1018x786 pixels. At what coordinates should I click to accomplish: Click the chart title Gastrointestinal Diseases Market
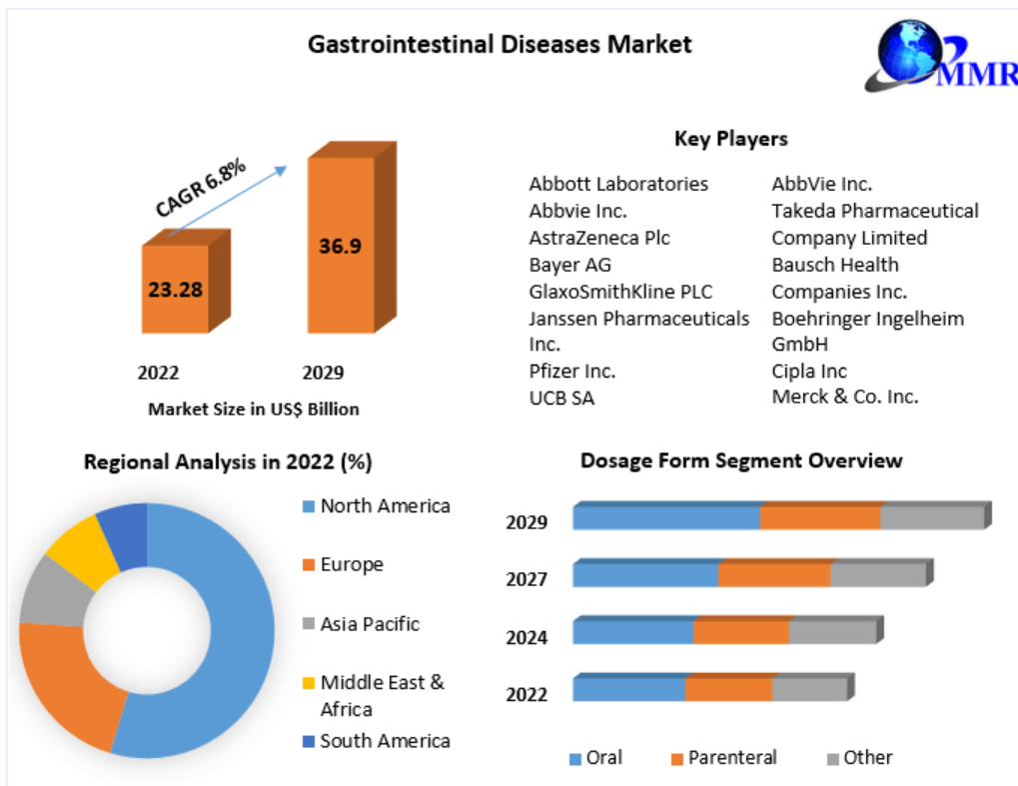click(x=500, y=44)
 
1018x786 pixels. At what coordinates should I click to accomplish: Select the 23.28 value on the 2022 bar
click(x=176, y=290)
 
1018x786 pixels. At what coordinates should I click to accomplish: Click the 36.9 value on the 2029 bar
click(x=340, y=246)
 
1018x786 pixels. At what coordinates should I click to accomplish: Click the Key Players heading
click(x=730, y=139)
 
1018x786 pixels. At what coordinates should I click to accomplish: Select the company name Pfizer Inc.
click(x=571, y=372)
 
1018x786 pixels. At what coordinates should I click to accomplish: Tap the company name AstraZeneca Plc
click(x=599, y=238)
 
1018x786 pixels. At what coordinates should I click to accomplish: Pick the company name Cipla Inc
click(x=809, y=372)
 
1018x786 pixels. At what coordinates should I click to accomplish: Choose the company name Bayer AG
click(x=569, y=265)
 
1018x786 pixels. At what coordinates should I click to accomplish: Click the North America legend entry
click(x=385, y=506)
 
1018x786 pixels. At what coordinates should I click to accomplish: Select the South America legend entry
click(x=385, y=741)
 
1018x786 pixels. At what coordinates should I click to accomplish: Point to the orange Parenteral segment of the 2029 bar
click(x=819, y=517)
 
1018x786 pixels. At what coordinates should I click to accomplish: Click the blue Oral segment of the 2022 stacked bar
click(x=628, y=689)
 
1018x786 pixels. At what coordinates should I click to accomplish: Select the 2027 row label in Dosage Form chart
click(x=526, y=579)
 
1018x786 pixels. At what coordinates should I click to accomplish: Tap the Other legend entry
click(x=867, y=758)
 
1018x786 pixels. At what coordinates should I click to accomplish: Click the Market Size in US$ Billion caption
click(x=253, y=409)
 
